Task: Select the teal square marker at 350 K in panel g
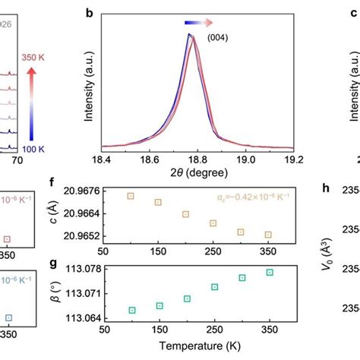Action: pos(269,272)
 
